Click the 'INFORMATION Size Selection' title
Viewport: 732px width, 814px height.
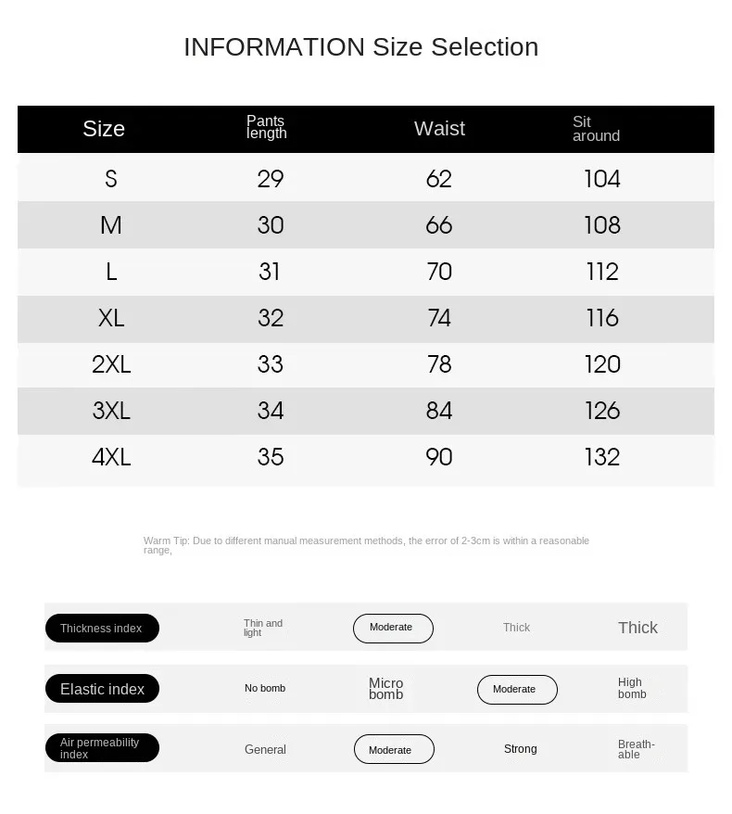coord(360,47)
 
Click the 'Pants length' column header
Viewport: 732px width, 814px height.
coord(267,127)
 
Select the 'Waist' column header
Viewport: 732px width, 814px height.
coord(439,129)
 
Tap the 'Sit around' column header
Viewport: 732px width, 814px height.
coord(595,129)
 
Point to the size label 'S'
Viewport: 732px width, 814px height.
coord(111,179)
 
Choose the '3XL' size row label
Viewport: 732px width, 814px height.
coord(111,411)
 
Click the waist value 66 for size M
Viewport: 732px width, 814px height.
coord(439,225)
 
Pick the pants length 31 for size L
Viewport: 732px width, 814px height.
coord(270,272)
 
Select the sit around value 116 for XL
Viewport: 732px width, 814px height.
coord(602,318)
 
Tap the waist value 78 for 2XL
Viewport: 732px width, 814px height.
coord(439,364)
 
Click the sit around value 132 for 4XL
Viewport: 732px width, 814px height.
coord(602,457)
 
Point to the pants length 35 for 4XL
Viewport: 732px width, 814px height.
coord(271,457)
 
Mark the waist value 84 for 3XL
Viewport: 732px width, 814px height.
coord(439,411)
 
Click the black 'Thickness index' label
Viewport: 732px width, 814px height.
coord(102,629)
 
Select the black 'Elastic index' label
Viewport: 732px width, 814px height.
coord(102,689)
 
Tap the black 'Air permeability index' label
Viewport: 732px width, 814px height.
coord(102,748)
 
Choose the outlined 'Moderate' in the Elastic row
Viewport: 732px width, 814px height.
coord(517,690)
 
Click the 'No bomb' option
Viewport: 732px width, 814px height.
coord(265,689)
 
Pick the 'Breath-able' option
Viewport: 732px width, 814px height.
coord(637,749)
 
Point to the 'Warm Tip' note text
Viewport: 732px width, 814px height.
coord(366,545)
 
